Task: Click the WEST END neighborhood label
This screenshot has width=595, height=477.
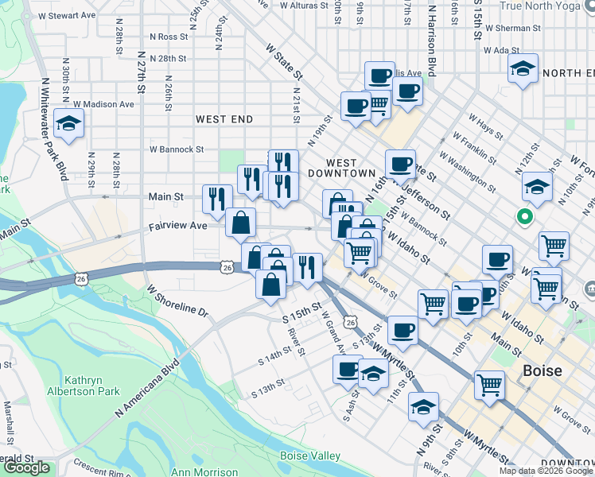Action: click(x=224, y=119)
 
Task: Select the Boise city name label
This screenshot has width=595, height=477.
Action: click(x=543, y=370)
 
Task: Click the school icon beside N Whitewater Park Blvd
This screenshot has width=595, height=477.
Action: click(x=69, y=123)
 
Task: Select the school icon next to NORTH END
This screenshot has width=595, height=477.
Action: click(x=524, y=68)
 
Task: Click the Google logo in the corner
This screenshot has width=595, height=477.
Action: click(x=26, y=467)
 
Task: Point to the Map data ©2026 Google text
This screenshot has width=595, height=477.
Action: click(x=546, y=471)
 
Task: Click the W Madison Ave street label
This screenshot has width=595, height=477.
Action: click(x=103, y=104)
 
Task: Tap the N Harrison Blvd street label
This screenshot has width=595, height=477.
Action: click(x=432, y=40)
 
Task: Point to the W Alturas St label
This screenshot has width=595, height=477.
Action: click(x=299, y=6)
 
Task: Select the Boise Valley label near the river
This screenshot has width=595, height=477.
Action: click(x=309, y=456)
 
